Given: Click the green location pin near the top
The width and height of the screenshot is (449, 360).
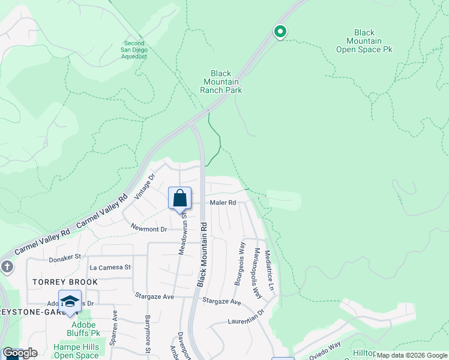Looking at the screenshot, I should tap(280, 32).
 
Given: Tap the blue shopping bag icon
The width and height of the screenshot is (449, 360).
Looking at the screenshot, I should tap(179, 198).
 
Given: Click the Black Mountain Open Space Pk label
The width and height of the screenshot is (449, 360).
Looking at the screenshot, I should tap(364, 41).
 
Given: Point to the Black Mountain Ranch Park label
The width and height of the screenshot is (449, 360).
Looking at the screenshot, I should tap(221, 82).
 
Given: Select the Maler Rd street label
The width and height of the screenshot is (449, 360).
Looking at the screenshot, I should tap(223, 203).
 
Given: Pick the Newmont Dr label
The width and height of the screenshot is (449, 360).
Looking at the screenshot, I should tap(148, 229).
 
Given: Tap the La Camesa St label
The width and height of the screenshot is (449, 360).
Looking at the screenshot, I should tap(110, 267).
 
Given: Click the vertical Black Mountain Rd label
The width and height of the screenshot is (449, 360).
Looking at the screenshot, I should tap(203, 255).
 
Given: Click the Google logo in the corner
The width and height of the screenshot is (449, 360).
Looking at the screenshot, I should tap(20, 353).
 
